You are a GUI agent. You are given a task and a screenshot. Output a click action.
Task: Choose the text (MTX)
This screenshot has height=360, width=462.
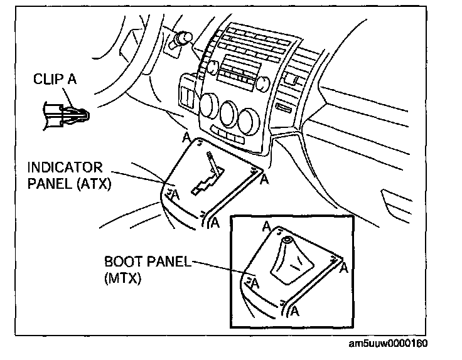[122, 279]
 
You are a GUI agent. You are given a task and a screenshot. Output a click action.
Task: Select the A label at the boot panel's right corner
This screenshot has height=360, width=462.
[344, 268]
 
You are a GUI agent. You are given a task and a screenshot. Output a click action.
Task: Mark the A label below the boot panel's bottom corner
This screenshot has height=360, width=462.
[295, 310]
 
